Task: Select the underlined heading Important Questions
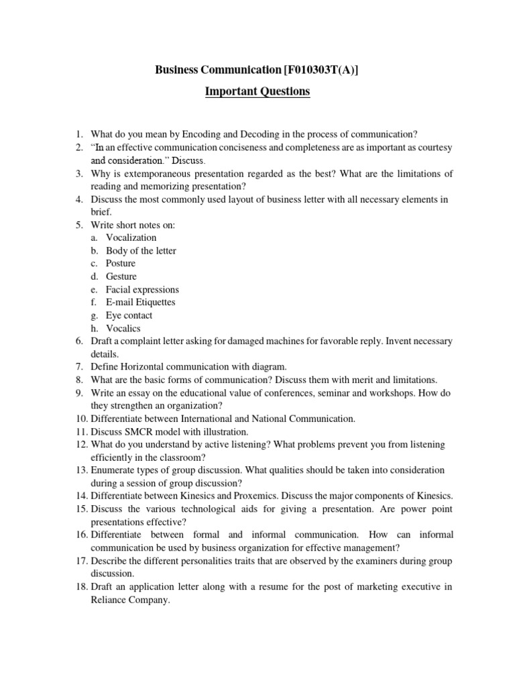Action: coord(257,91)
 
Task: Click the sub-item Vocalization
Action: coord(131,237)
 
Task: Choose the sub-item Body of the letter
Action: coord(141,250)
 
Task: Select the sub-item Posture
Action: coord(121,263)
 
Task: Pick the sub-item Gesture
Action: coord(121,276)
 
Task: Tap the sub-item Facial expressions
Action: coord(142,289)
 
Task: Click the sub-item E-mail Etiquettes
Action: coord(140,302)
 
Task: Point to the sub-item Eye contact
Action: coord(129,315)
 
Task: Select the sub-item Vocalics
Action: coord(123,328)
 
